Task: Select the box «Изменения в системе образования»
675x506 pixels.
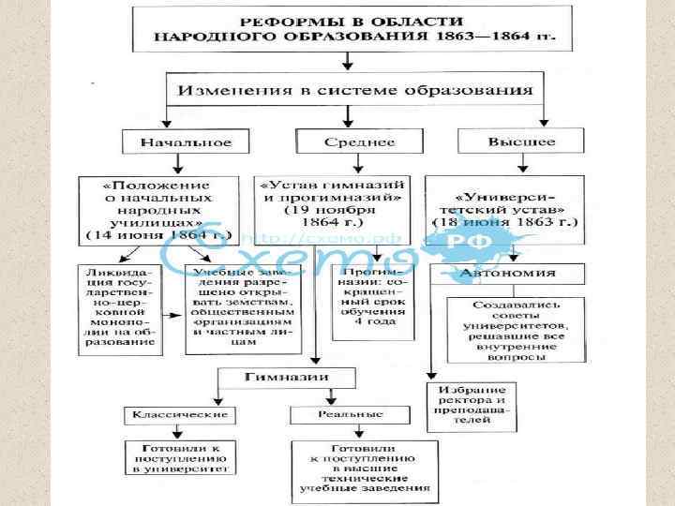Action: pos(349,92)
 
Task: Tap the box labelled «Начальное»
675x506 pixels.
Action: pos(174,142)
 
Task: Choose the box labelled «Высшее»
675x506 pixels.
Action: pos(519,142)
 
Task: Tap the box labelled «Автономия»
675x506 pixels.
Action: pos(507,273)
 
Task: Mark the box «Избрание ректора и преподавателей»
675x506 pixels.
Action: pos(471,406)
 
